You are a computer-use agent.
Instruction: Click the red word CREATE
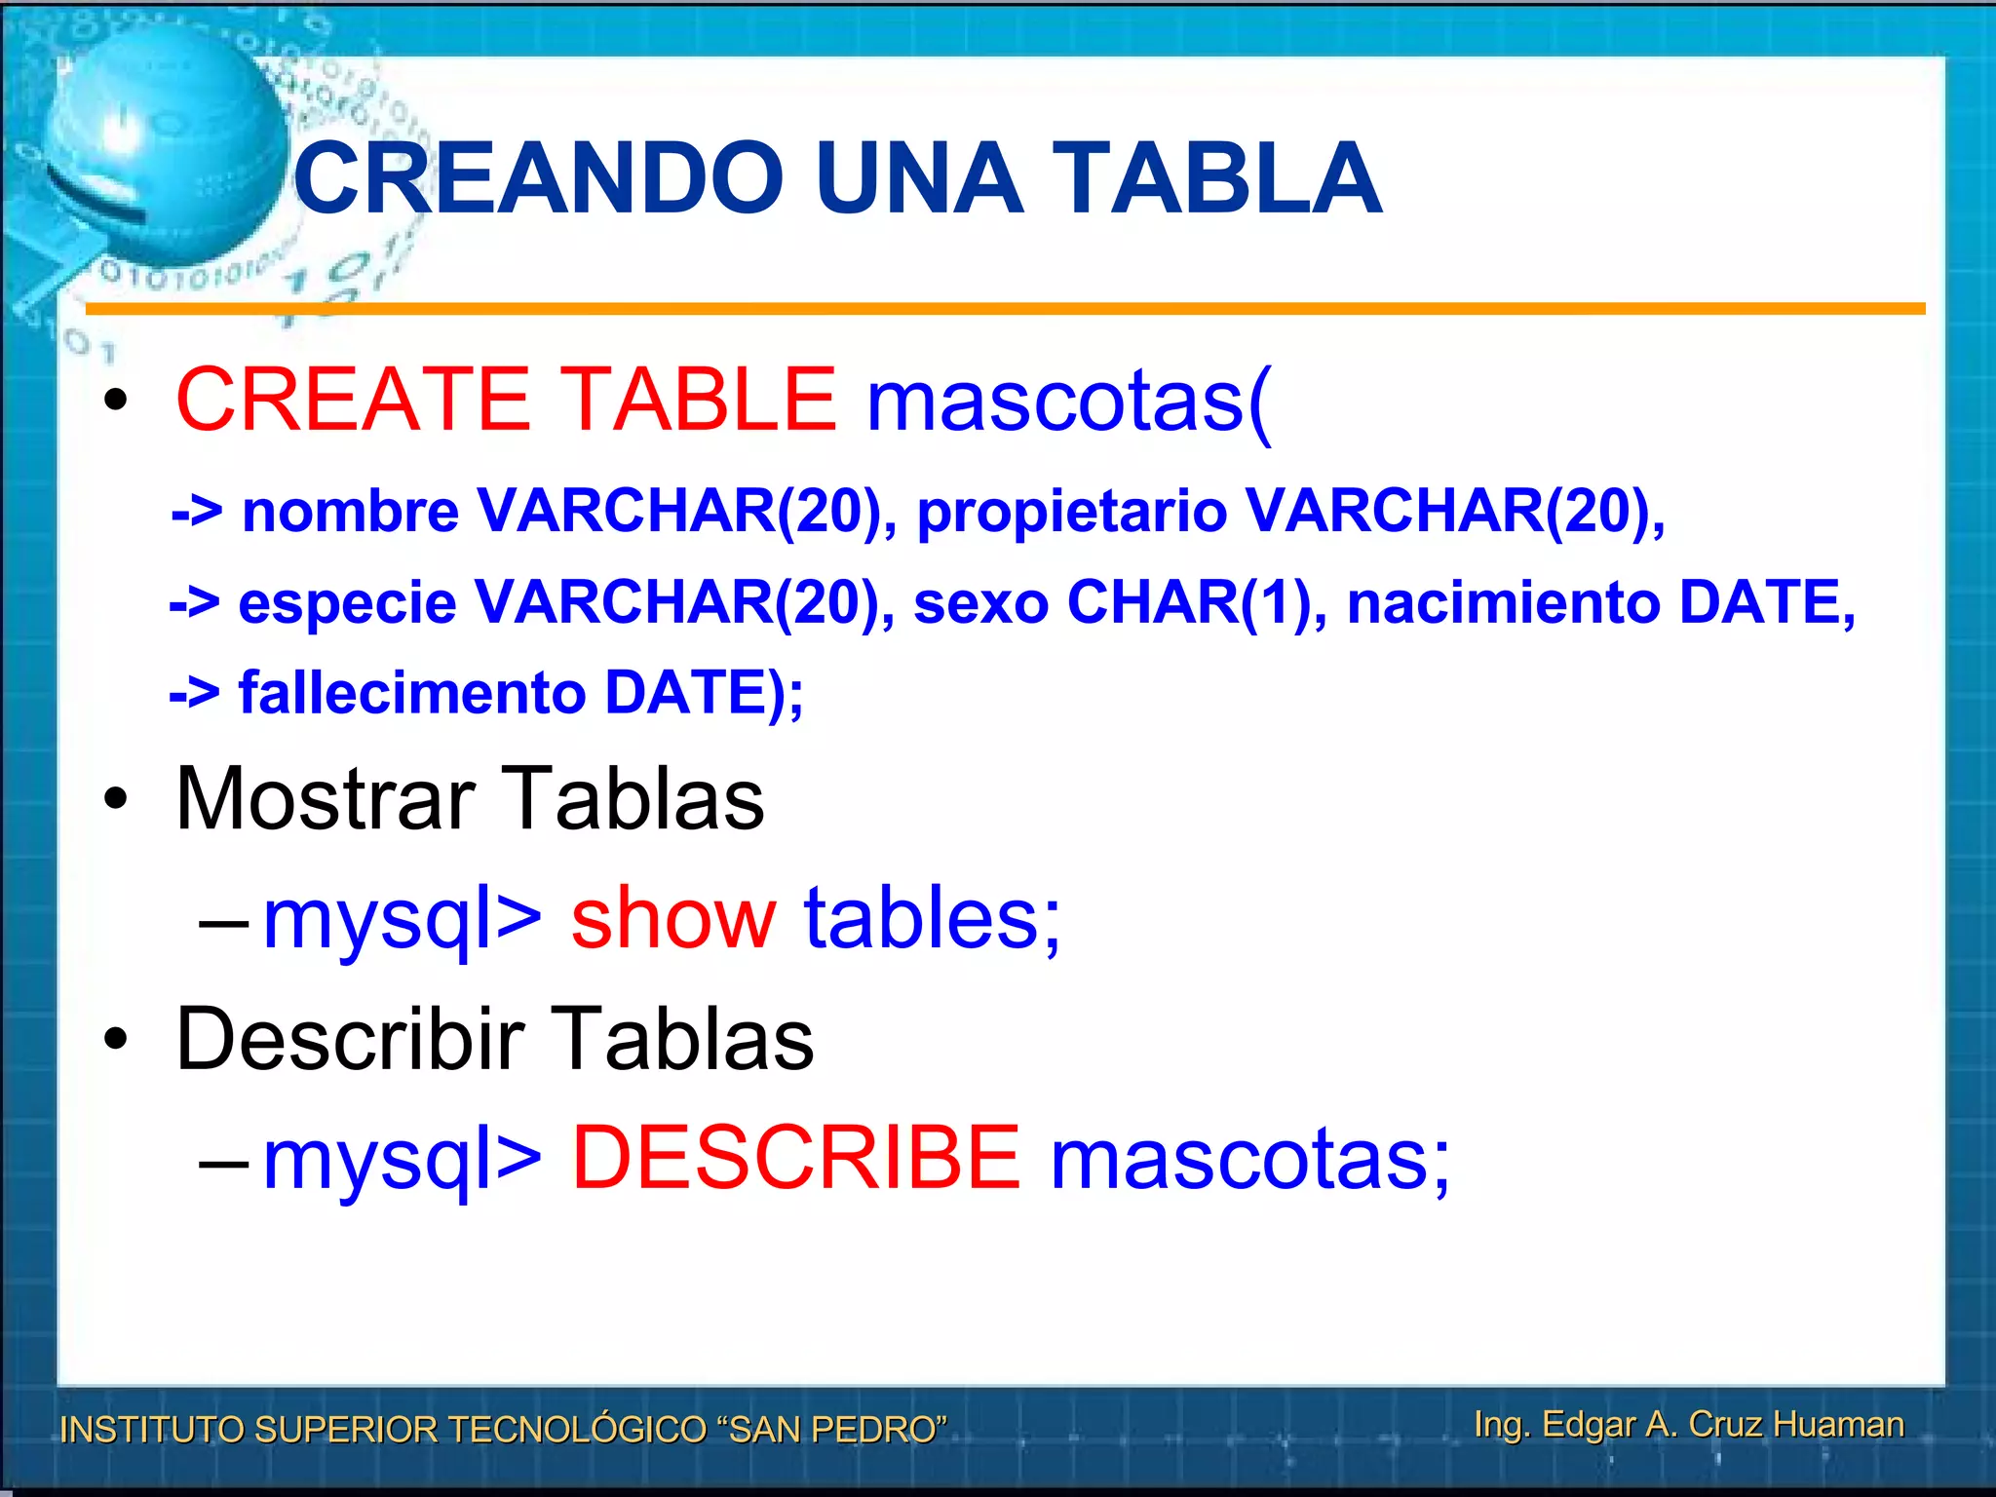pos(352,399)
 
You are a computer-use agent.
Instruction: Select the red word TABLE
pos(699,399)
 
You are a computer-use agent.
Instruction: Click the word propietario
pos(1072,513)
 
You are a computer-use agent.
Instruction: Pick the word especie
pos(347,602)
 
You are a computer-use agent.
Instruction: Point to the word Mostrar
pos(326,799)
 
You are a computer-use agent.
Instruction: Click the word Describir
pos(351,1040)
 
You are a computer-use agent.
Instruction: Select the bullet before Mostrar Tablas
pos(116,800)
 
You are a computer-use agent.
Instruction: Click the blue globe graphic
pos(166,146)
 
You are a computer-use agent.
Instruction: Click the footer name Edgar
pos(1589,1425)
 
